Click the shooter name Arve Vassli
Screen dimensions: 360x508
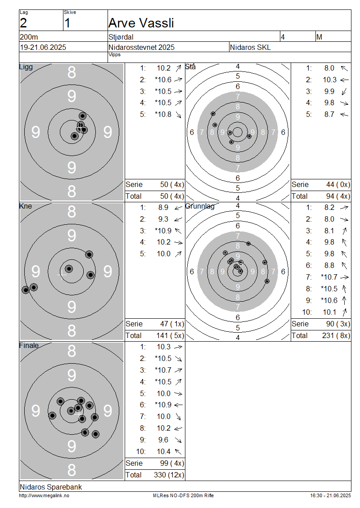[141, 23]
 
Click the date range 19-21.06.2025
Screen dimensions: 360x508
[43, 47]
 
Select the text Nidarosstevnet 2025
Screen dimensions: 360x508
[141, 47]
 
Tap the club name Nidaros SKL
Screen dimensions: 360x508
[250, 47]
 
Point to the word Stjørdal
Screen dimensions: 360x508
[121, 37]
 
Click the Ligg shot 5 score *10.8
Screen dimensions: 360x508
[163, 114]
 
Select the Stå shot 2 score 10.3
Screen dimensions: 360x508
[329, 80]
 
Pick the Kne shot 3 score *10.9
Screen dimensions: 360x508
[163, 231]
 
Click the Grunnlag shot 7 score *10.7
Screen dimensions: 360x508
[329, 277]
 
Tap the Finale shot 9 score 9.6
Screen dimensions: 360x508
[163, 440]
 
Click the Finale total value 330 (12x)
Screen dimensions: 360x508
[169, 475]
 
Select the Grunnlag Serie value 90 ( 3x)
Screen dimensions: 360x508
[338, 324]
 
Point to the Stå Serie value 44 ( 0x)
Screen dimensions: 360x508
[338, 185]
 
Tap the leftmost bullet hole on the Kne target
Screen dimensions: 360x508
[26, 290]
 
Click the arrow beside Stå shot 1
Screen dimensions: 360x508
[344, 68]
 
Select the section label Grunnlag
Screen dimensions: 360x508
[200, 206]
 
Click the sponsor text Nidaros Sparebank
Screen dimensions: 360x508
[51, 487]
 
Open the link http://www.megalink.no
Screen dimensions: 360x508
[44, 495]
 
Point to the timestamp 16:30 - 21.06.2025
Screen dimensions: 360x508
[330, 495]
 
